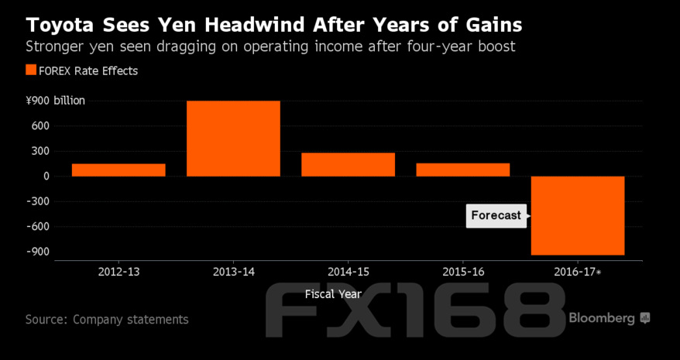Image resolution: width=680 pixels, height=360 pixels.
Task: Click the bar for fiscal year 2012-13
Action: pos(118,170)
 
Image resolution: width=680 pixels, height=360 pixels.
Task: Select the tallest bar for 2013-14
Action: pos(233,139)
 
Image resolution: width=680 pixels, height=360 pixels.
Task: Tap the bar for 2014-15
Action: pos(348,164)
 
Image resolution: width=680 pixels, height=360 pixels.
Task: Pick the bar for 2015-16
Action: pos(462,170)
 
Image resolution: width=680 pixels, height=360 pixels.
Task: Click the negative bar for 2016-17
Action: pos(577,215)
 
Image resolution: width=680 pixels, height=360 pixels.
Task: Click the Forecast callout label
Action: pos(496,215)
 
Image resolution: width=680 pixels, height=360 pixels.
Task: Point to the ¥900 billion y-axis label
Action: pos(56,101)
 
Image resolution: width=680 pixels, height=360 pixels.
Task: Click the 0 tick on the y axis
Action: pos(46,176)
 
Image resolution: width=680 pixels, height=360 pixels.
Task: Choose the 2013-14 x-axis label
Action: pos(233,272)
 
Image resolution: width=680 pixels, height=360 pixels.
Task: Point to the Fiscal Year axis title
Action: pos(331,294)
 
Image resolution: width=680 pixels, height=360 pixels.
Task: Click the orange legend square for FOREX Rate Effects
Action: pos(31,70)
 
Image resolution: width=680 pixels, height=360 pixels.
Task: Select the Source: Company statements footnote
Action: pos(106,319)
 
